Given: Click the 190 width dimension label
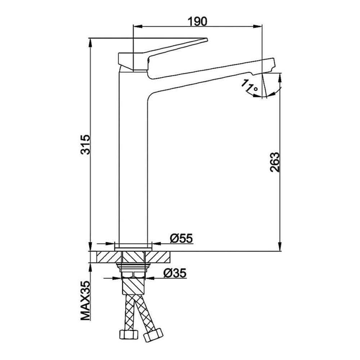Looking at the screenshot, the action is coord(197,21).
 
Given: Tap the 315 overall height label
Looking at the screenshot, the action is coord(85,144).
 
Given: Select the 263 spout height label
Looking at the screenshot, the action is coord(275,162).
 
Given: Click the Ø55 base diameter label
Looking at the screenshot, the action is coord(181,238).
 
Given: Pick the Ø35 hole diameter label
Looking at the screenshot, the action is coord(175,273).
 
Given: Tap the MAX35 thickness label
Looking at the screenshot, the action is coord(85,301).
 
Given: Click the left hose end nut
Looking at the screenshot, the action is coord(129,334).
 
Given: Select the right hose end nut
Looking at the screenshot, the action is coord(153,334).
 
